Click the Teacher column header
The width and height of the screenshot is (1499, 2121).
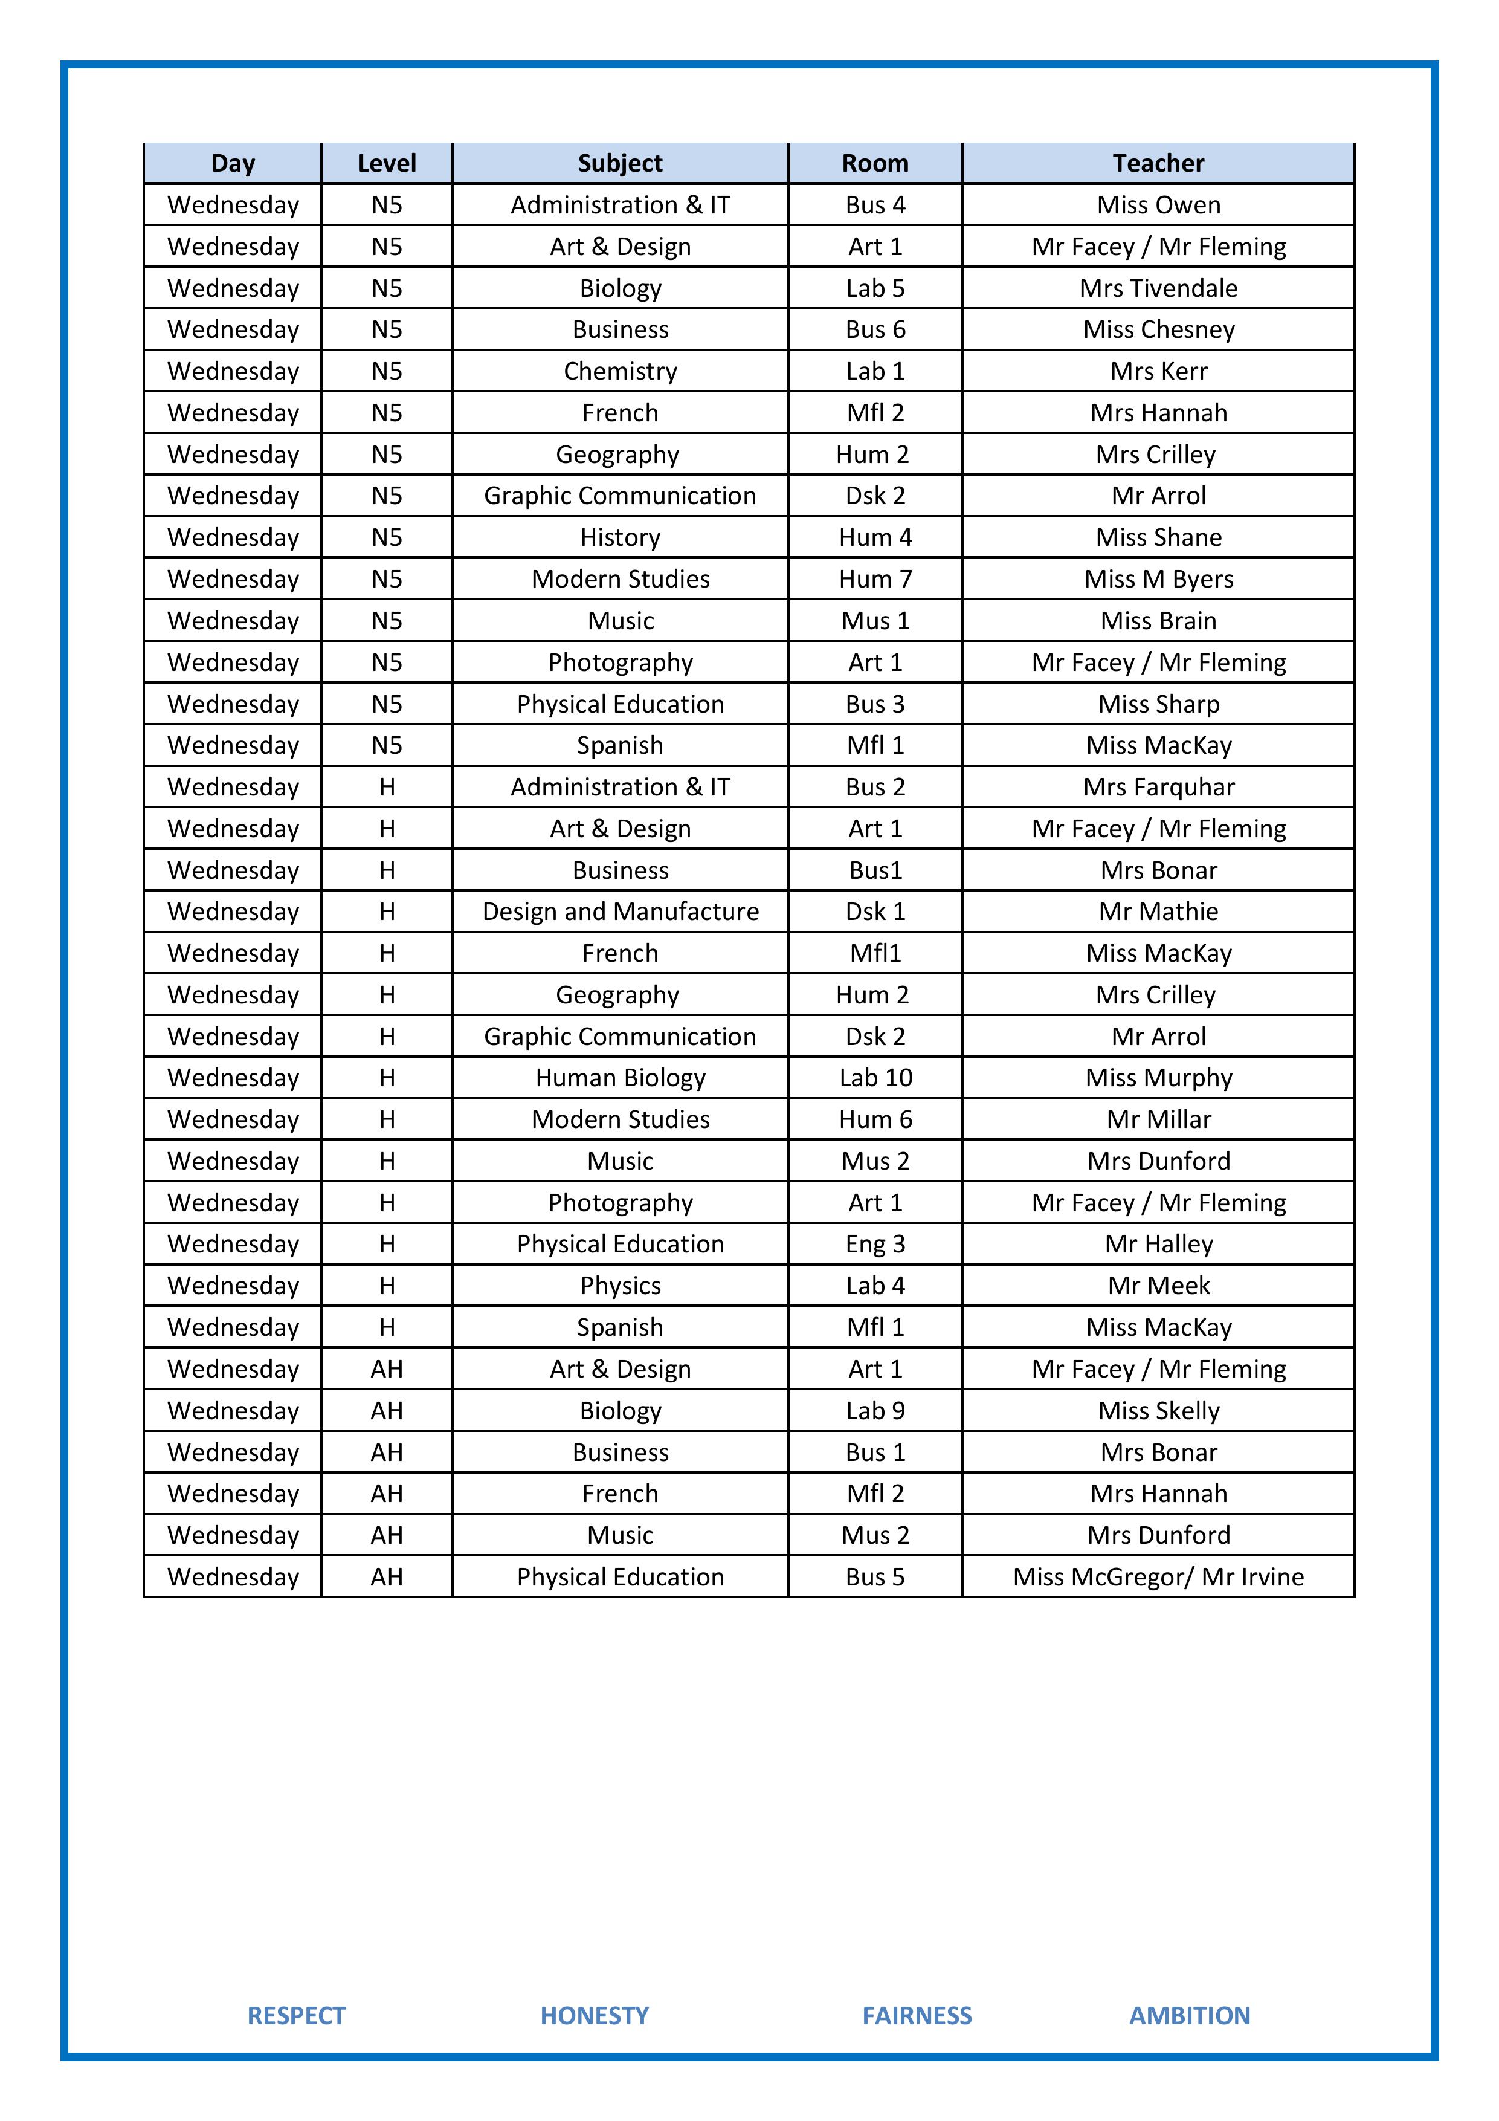(1158, 164)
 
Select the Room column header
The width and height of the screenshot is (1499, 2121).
(875, 164)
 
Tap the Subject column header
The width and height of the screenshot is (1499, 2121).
(620, 164)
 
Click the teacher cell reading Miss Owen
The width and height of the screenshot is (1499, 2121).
(1158, 205)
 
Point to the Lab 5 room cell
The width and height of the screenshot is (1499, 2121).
(875, 288)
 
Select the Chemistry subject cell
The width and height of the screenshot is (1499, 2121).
(620, 371)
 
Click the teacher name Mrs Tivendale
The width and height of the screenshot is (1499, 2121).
(1158, 288)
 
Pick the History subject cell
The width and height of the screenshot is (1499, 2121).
(620, 537)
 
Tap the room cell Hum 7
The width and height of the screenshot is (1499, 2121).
(875, 579)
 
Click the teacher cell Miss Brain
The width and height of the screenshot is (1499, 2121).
(1158, 621)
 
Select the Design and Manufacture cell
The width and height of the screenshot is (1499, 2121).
(620, 912)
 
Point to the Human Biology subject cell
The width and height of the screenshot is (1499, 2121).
(620, 1078)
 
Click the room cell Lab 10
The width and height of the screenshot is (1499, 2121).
(875, 1078)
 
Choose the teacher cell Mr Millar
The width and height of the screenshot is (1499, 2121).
(1158, 1119)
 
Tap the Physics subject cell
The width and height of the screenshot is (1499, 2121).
(620, 1286)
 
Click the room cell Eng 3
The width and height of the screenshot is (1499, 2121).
(875, 1245)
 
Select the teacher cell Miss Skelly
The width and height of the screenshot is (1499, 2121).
(1158, 1411)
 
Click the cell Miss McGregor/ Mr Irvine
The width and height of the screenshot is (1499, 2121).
(1158, 1577)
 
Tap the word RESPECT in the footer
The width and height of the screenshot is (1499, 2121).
(295, 2016)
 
